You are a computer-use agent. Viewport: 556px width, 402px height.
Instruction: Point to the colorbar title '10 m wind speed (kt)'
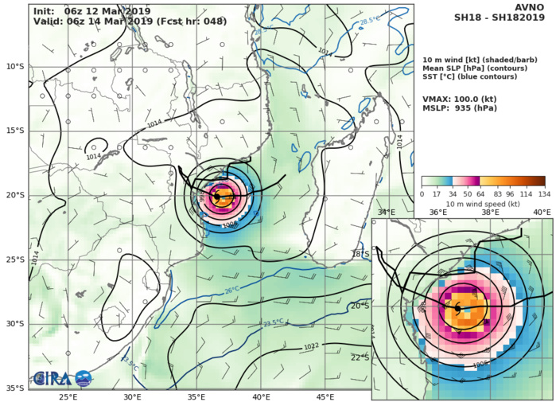tap(483, 205)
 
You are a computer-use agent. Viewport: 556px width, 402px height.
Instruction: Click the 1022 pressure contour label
tap(313, 347)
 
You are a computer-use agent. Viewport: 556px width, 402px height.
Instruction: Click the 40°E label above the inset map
tap(542, 213)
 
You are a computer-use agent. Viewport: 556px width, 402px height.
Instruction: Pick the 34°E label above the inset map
tap(386, 213)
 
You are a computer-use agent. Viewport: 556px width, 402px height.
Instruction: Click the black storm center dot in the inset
tap(457, 307)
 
